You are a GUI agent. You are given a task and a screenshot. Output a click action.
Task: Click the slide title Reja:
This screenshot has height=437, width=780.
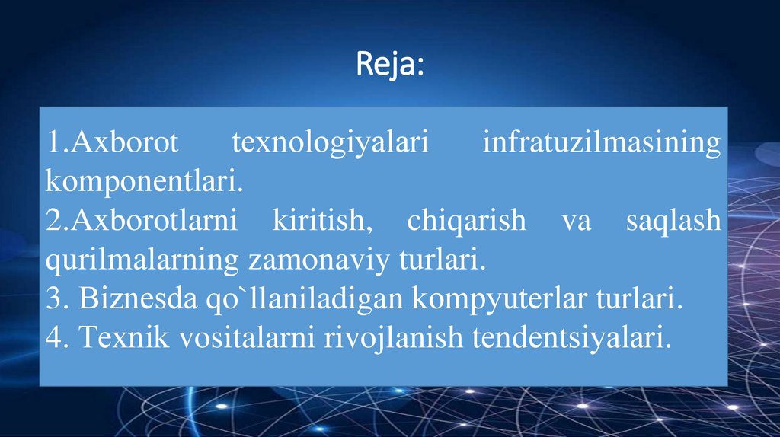point(390,65)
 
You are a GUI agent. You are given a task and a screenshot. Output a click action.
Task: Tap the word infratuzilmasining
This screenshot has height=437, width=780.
point(601,142)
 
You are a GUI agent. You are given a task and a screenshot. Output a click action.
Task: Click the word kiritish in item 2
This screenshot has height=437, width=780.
point(330,221)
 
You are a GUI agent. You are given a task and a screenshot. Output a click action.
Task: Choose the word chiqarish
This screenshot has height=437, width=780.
point(466,221)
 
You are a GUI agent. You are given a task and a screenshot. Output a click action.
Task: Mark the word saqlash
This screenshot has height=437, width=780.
point(673,221)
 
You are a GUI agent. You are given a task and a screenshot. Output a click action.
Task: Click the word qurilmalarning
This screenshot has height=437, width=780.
point(142,260)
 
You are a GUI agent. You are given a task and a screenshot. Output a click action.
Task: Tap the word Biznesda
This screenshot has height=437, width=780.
point(127,299)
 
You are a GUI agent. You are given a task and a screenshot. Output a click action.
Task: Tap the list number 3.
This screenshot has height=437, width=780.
point(54,299)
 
